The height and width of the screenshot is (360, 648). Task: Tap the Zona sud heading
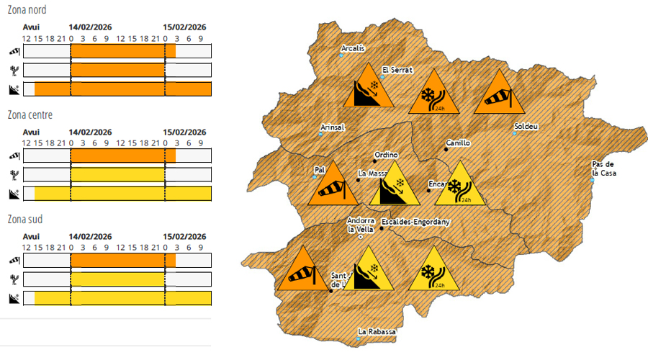24,219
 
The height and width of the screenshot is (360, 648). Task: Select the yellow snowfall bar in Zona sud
118,279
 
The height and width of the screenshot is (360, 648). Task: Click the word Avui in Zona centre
31,132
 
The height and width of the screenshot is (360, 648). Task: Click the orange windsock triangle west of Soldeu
499,94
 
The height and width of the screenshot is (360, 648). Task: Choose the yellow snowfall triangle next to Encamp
456,186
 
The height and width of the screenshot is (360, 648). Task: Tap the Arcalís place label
353,49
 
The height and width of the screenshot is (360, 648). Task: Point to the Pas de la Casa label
605,168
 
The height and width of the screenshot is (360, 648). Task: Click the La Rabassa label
378,331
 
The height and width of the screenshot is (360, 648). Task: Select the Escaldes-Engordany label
415,222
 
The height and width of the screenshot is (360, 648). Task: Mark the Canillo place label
458,143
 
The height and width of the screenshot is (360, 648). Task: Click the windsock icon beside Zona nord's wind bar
14,52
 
